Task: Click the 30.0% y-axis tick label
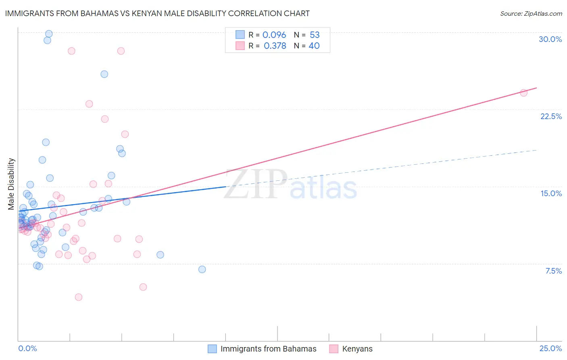click(x=550, y=39)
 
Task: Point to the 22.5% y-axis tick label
click(x=551, y=116)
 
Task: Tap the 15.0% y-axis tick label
click(x=551, y=193)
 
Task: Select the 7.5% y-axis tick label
click(x=553, y=271)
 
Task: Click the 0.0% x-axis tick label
click(x=27, y=348)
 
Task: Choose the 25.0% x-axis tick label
click(x=550, y=348)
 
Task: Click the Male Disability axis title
click(x=11, y=184)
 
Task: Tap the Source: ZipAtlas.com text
click(x=531, y=13)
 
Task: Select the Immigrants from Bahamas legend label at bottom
click(x=268, y=349)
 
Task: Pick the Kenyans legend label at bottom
click(x=357, y=349)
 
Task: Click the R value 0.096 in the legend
click(x=274, y=35)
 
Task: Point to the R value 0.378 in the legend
click(x=275, y=46)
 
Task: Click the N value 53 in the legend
click(x=315, y=35)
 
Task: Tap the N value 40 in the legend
click(x=314, y=46)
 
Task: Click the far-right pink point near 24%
click(x=523, y=93)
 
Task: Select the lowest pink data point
click(x=79, y=297)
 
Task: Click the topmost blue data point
click(x=49, y=34)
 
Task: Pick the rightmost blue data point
click(x=202, y=269)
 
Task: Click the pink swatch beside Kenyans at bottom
click(x=334, y=349)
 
